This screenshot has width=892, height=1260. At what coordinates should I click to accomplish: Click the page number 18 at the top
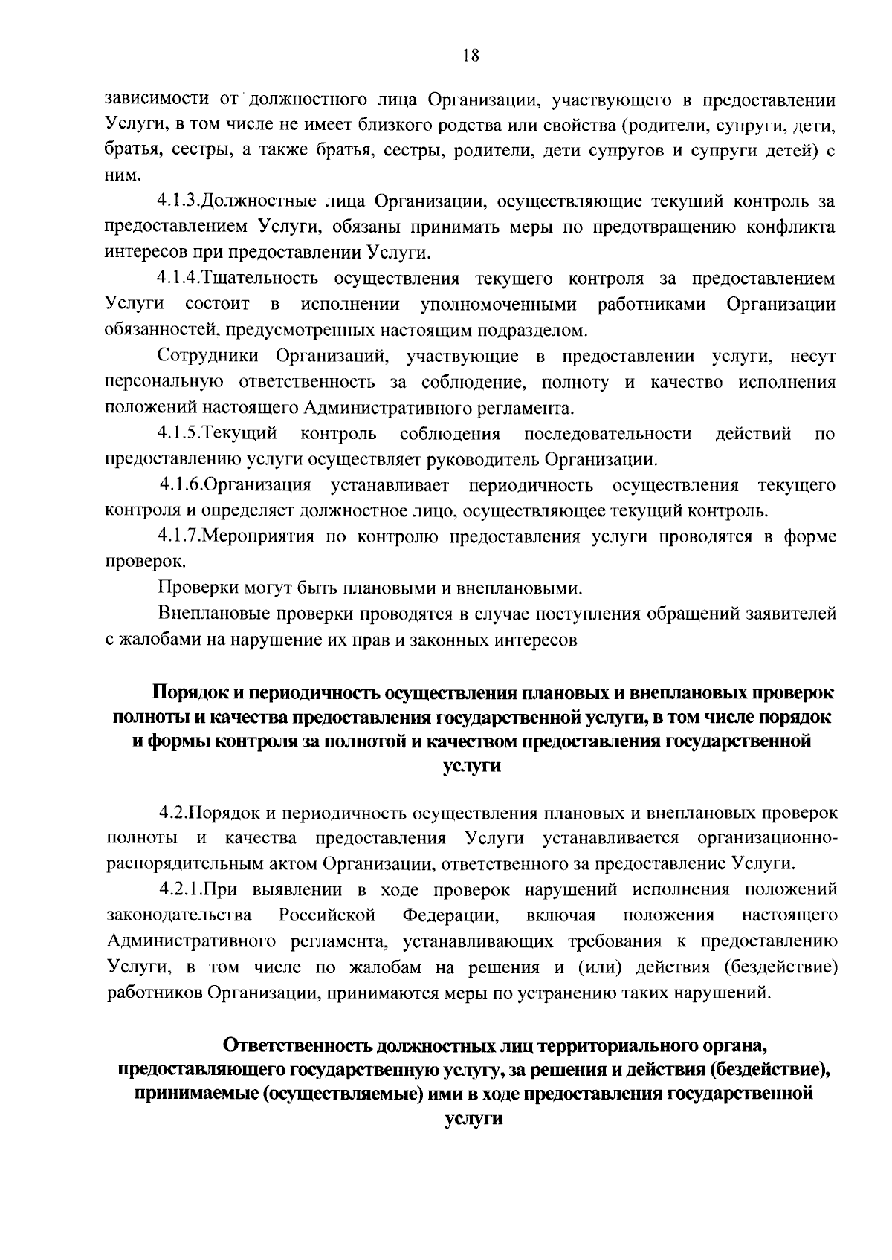coord(471,56)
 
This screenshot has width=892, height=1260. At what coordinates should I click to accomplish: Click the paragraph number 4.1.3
coord(179,201)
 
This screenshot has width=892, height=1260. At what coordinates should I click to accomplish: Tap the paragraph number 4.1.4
coord(179,279)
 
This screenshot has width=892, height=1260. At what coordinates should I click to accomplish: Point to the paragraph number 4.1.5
coord(179,433)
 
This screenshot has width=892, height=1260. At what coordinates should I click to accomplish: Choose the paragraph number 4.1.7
coord(179,536)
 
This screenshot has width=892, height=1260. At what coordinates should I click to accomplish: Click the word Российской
coord(327,915)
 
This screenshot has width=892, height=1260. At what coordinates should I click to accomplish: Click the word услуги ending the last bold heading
coord(471,1120)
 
